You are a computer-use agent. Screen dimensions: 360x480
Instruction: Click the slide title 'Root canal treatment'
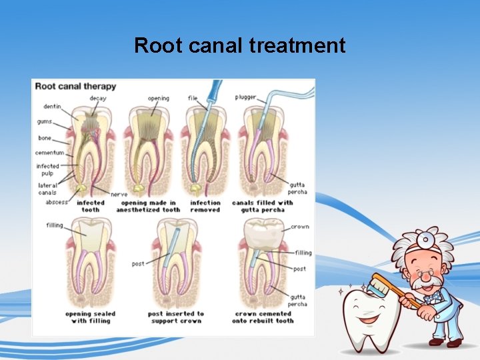click(239, 45)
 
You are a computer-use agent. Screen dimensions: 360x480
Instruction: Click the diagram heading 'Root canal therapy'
click(75, 86)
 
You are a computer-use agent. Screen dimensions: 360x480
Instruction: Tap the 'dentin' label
click(52, 106)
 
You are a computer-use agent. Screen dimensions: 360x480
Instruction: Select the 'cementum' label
click(50, 153)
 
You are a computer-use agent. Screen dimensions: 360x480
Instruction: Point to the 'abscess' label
click(56, 202)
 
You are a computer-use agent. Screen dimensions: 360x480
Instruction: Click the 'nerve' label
click(119, 195)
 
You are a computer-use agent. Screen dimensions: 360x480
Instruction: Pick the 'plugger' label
click(245, 97)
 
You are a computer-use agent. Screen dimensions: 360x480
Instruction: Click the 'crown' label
click(299, 227)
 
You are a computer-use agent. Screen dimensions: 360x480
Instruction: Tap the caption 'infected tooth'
click(91, 206)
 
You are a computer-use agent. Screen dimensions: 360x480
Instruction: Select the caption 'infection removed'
click(205, 206)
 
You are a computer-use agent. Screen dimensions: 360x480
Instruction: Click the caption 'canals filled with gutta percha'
click(262, 206)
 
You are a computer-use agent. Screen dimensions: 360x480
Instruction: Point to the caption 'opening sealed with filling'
click(90, 317)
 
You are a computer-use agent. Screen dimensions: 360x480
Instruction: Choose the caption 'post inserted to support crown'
click(176, 317)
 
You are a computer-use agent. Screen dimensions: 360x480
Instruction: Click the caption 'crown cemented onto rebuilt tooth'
click(263, 317)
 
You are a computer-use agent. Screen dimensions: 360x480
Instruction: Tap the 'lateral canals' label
click(47, 189)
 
